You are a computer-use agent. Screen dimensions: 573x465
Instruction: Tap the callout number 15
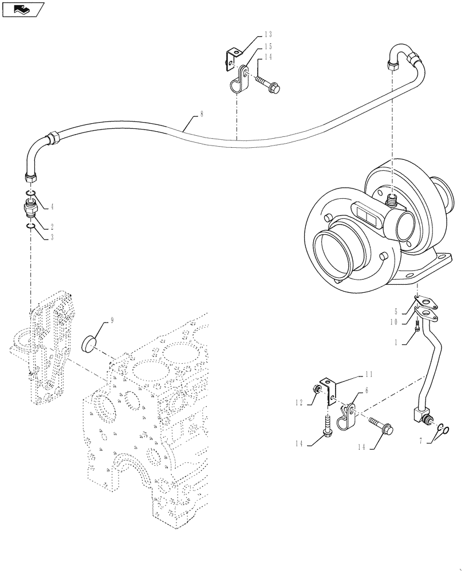268,46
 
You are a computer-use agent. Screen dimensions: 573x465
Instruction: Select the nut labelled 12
316,391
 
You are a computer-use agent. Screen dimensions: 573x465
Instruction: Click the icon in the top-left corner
23,9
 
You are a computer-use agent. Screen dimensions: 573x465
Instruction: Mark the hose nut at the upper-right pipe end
393,65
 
